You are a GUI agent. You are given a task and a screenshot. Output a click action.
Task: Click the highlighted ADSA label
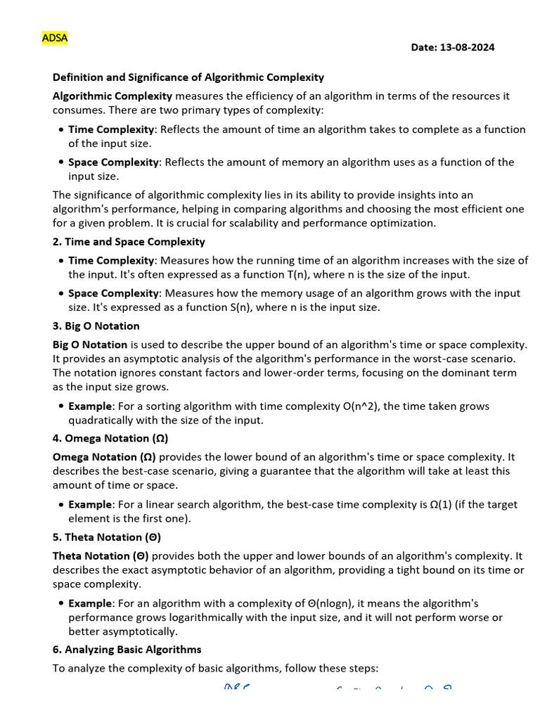54,38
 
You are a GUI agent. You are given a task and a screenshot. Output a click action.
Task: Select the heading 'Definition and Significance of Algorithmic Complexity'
188,77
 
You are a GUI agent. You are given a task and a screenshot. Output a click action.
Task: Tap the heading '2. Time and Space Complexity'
129,242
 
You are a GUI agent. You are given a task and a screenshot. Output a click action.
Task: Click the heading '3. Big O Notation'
96,326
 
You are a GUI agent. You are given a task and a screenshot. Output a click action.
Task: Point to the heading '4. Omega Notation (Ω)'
110,439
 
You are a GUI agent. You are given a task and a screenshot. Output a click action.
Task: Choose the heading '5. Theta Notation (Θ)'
107,537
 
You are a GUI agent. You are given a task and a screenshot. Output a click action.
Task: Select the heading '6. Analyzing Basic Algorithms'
127,650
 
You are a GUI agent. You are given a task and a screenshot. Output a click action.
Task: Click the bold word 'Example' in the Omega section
90,505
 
